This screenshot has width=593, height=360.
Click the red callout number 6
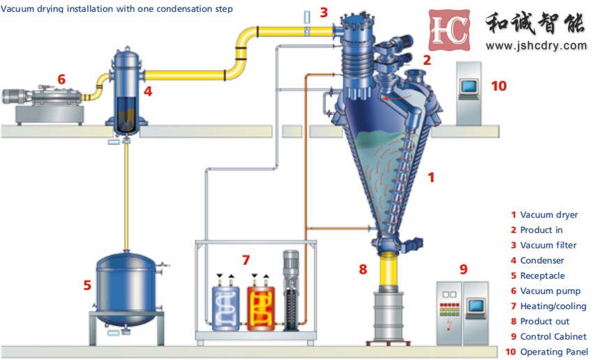61,80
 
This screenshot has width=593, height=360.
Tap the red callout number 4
147,91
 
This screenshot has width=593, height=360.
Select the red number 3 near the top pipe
323,12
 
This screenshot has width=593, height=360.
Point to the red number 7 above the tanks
246,260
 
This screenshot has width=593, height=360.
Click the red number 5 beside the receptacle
87,285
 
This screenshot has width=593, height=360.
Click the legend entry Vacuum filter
549,245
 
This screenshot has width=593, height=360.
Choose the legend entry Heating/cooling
553,306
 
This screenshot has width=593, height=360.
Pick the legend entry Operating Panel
554,352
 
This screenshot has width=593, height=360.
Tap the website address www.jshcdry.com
536,45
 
